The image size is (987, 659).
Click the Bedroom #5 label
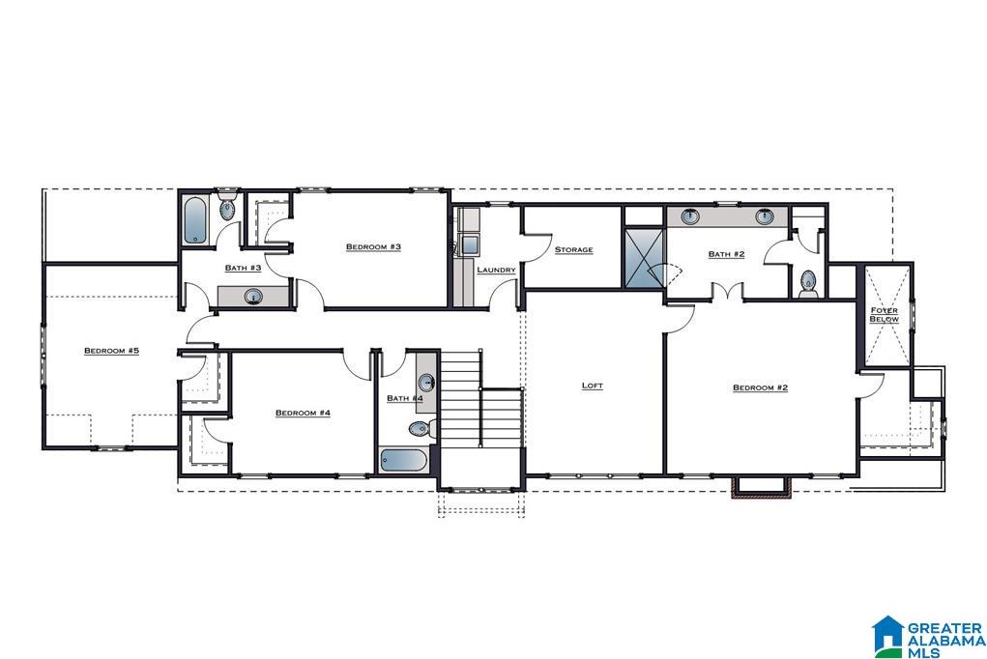(111, 351)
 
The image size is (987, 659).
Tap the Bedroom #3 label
(373, 247)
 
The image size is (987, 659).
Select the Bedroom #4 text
(303, 414)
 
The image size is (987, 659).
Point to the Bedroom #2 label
(760, 387)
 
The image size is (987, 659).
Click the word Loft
(592, 386)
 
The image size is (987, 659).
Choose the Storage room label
(573, 250)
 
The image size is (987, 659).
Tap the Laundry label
(496, 270)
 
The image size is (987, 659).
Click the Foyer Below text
(884, 314)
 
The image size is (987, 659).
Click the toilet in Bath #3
(228, 208)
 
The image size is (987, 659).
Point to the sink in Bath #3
(253, 297)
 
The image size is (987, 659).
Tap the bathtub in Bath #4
(402, 461)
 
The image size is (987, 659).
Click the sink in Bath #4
(425, 381)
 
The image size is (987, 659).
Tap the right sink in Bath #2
(765, 216)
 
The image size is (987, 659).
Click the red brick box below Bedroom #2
(762, 488)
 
